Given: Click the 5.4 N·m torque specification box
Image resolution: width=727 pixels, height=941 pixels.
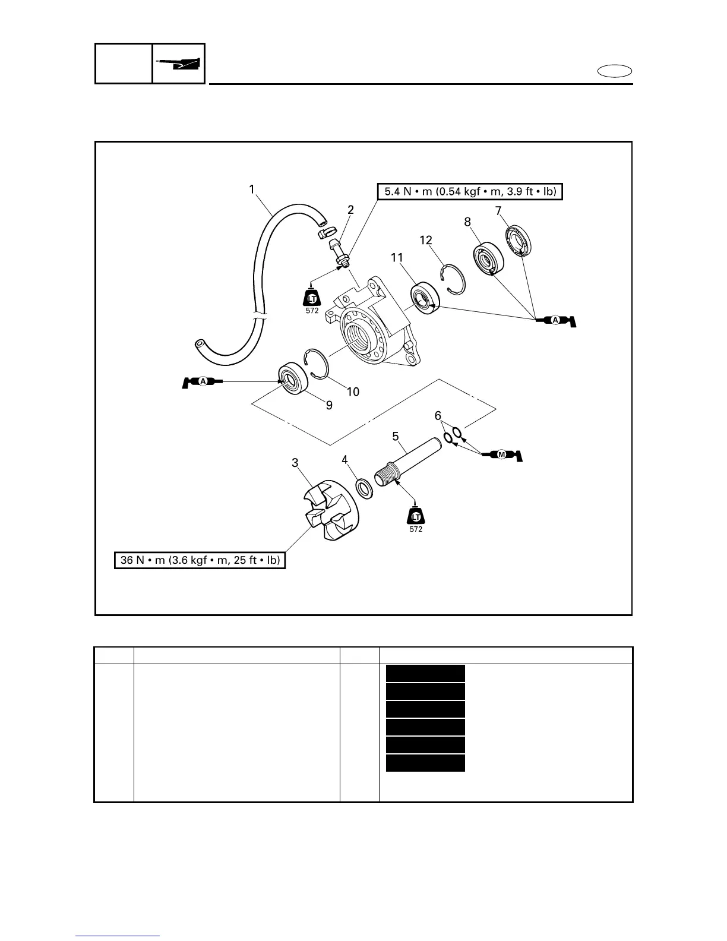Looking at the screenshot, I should pos(470,192).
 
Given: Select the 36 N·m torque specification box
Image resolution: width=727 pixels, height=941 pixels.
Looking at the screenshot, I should pos(200,560).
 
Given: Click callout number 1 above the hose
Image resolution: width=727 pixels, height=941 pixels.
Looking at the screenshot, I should pos(252,189).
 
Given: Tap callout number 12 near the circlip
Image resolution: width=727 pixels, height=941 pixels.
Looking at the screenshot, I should pos(426,240).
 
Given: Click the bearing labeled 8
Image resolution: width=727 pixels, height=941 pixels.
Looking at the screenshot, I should pos(489,258).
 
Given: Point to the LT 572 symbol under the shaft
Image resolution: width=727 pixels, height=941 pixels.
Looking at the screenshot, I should pos(416,516).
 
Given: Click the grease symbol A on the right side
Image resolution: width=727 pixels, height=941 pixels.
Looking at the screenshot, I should pos(557,321).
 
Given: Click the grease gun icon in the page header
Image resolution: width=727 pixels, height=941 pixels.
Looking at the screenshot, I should pos(179,63).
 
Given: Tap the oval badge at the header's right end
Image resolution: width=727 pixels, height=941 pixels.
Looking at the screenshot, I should pos(615,72).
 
